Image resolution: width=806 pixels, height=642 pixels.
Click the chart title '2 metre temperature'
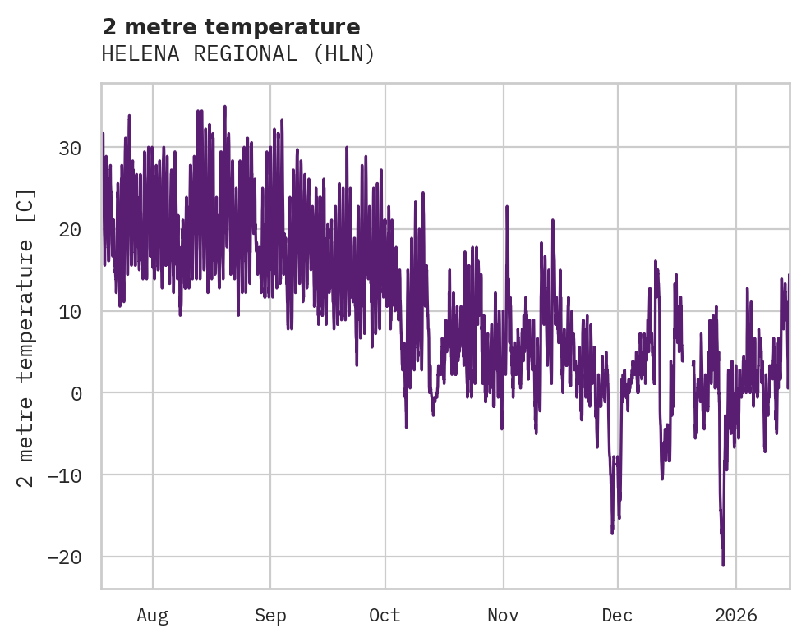tap(231, 27)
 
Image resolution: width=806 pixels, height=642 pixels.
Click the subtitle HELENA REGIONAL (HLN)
tap(238, 54)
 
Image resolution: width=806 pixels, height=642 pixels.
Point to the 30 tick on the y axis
tap(69, 149)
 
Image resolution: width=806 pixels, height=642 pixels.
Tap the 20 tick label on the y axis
tap(69, 230)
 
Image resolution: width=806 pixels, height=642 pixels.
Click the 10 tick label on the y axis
tap(69, 311)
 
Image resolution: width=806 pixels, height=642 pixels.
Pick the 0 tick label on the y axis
tap(76, 393)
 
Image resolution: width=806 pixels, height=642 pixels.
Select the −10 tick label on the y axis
tap(63, 475)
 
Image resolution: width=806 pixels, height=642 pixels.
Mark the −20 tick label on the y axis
tap(63, 557)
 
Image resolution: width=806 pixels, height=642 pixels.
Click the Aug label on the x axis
tap(152, 615)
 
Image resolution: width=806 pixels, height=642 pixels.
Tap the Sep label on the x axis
tap(269, 615)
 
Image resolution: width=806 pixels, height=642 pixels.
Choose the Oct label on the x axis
tap(385, 615)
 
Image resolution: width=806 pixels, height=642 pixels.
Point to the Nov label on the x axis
tap(503, 615)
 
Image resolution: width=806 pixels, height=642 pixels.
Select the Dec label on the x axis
tap(617, 615)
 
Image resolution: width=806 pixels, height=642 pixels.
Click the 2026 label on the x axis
tap(735, 615)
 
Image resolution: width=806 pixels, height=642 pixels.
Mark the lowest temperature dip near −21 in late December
tap(723, 564)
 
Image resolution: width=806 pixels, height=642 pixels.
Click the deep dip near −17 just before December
tap(612, 533)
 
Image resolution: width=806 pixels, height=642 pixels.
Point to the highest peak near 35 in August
tap(224, 107)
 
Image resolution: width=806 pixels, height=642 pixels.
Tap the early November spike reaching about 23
tap(507, 207)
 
